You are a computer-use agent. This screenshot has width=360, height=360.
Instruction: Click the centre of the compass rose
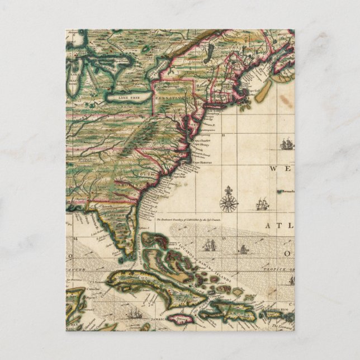click(x=228, y=202)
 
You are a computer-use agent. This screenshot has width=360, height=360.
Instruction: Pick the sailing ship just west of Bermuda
click(x=262, y=205)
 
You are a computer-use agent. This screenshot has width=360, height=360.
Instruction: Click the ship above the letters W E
click(x=286, y=145)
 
